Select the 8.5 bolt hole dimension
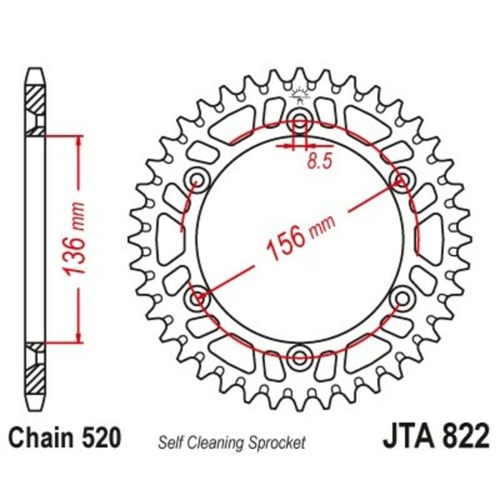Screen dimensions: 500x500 [318, 161]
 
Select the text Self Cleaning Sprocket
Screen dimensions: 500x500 [232, 443]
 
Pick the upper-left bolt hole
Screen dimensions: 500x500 [198, 180]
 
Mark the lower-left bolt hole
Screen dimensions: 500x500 [198, 298]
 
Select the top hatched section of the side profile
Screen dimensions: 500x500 [35, 100]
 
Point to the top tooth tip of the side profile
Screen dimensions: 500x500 [35, 70]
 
